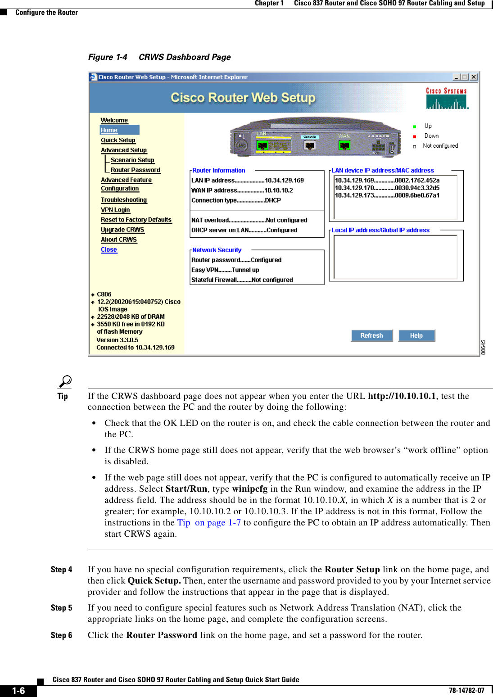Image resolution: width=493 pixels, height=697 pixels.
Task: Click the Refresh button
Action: tap(371, 335)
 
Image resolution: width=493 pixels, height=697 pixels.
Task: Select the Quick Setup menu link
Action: tap(118, 140)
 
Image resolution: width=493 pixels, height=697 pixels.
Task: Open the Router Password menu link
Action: tap(135, 170)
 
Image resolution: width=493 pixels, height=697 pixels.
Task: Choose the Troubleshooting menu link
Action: tap(124, 200)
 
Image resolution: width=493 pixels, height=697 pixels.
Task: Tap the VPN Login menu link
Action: tap(115, 210)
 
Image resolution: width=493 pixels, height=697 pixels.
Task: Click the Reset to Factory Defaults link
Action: tap(136, 220)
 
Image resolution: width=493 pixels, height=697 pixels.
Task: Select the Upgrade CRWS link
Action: tap(122, 230)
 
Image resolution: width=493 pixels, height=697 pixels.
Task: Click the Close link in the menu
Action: tap(109, 249)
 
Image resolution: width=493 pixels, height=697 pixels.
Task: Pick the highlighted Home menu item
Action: tap(109, 130)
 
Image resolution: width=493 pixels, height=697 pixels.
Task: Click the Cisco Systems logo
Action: tap(447, 99)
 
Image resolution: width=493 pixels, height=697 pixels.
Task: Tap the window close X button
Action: tap(474, 77)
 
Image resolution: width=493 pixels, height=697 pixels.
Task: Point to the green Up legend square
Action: tap(415, 127)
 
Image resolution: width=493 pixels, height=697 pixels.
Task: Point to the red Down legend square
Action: tap(415, 136)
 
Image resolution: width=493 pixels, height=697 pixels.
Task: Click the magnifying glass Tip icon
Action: tap(65, 382)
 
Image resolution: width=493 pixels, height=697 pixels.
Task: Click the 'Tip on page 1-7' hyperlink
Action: tap(209, 523)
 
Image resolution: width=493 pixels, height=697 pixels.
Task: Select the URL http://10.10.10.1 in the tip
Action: tap(402, 396)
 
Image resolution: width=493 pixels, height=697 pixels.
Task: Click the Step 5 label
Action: tap(61, 608)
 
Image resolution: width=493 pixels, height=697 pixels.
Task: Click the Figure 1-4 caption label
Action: tap(108, 57)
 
